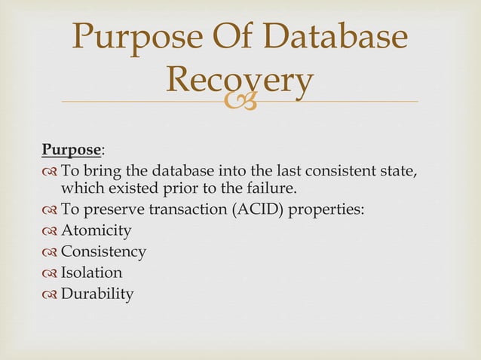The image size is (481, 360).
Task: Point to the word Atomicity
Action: coord(96,230)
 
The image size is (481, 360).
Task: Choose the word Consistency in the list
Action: coord(103,252)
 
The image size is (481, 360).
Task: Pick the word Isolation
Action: coord(91,273)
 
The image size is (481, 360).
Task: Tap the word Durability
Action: coord(97,294)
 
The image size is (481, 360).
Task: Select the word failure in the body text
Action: coord(283,188)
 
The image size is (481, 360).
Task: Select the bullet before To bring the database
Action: coord(50,169)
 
